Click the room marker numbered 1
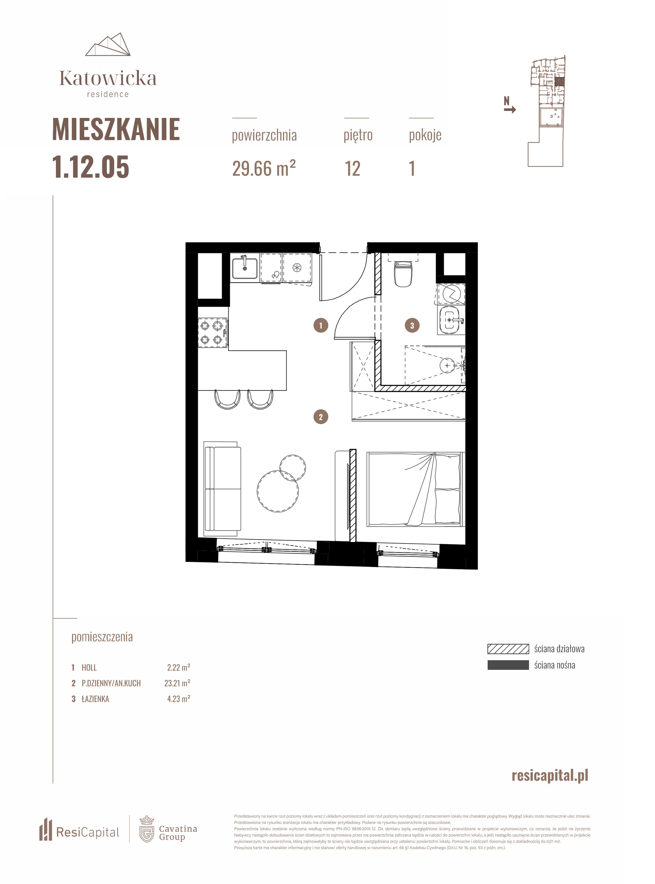(x=321, y=325)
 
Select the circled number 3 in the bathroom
(x=412, y=325)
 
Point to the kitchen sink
(x=245, y=268)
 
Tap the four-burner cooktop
(x=213, y=332)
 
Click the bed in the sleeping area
(x=415, y=489)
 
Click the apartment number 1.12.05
(x=91, y=167)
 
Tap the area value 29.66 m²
(x=264, y=169)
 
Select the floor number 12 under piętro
(x=352, y=169)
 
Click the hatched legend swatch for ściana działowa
(x=508, y=649)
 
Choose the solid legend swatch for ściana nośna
(x=508, y=665)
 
